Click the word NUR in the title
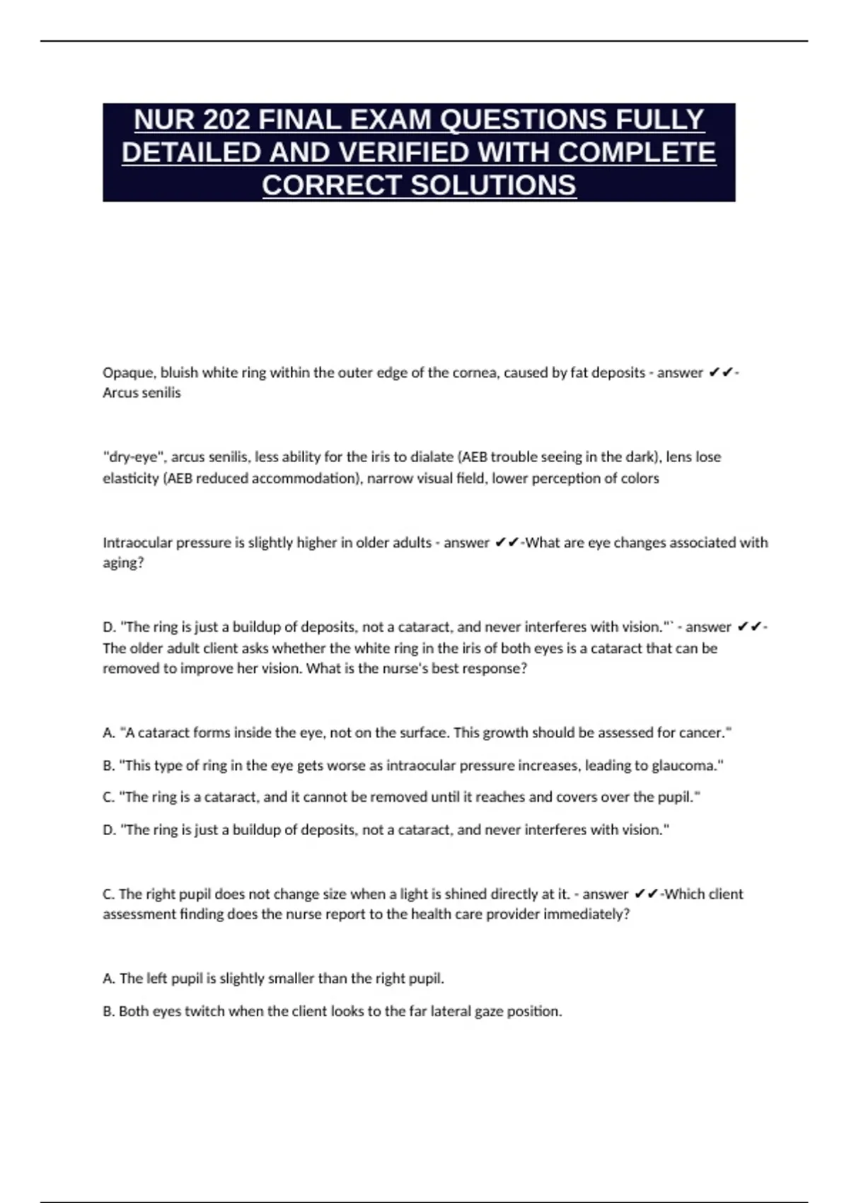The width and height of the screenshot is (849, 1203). click(163, 120)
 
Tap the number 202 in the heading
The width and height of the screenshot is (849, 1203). click(225, 120)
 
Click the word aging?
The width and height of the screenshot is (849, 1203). click(123, 563)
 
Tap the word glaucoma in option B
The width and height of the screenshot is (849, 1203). click(687, 765)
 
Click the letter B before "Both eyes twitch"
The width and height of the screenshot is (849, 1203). click(108, 1011)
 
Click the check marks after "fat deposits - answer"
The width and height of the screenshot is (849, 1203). click(721, 372)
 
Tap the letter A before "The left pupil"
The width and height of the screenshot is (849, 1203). click(108, 979)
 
